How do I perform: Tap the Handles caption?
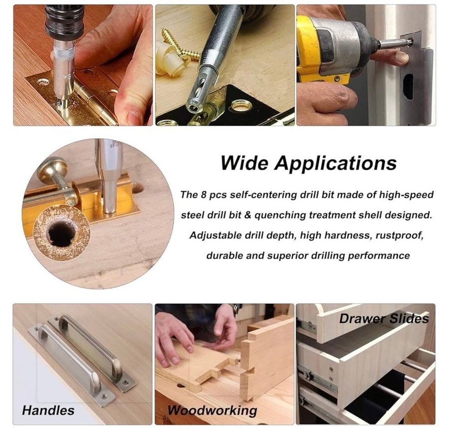[48, 410]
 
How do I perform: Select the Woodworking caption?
[213, 411]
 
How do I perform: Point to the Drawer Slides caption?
[384, 318]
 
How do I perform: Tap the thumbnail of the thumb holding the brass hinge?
[134, 117]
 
